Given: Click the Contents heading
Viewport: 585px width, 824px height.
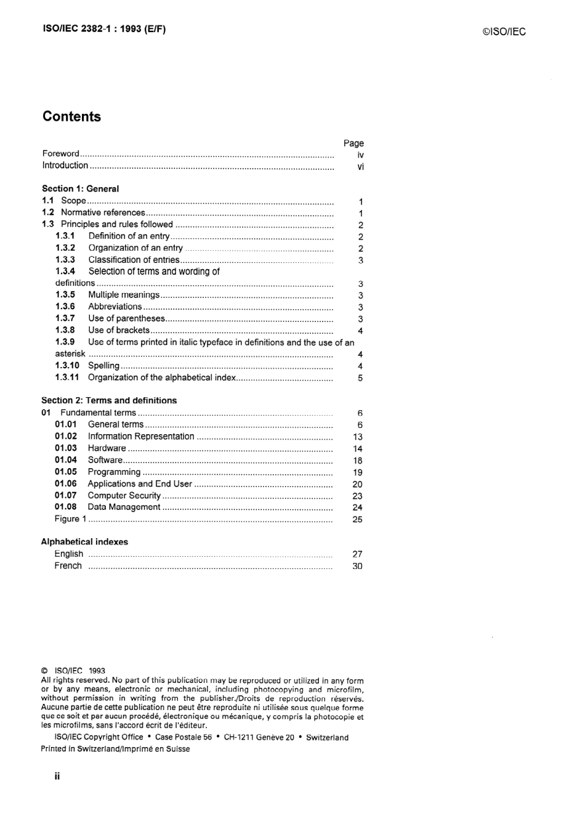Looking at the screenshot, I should [71, 116].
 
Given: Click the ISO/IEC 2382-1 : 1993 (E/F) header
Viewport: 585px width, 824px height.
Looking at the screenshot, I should [104, 28].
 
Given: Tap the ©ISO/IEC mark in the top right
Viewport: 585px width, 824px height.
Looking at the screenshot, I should [504, 32].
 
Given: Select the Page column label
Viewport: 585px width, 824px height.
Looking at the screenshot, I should [353, 143].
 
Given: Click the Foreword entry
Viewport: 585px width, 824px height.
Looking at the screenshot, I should [61, 154].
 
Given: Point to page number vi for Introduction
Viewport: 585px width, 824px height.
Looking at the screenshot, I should [360, 166].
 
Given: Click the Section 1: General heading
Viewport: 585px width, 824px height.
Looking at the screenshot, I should [80, 189].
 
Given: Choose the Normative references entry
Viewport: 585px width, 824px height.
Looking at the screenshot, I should [103, 212].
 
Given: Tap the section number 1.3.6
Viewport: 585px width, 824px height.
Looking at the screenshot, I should [65, 307].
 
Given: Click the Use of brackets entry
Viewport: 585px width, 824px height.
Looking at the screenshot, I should [119, 330].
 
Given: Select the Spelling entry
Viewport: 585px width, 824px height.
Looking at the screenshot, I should [103, 366].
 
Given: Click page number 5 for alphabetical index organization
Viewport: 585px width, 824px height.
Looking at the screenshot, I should [360, 378].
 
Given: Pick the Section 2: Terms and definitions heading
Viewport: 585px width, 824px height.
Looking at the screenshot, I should [109, 400].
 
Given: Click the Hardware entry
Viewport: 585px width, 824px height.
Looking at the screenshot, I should [107, 448].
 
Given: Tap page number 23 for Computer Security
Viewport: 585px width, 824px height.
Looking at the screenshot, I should [357, 496].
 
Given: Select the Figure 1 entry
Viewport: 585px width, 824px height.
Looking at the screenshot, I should [70, 519].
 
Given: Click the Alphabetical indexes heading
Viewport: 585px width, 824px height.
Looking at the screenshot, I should [84, 542].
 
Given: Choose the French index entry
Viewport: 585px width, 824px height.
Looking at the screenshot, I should [68, 566].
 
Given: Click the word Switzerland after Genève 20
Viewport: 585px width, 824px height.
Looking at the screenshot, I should [327, 738].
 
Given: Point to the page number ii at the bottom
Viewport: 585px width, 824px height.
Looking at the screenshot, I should [57, 777].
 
